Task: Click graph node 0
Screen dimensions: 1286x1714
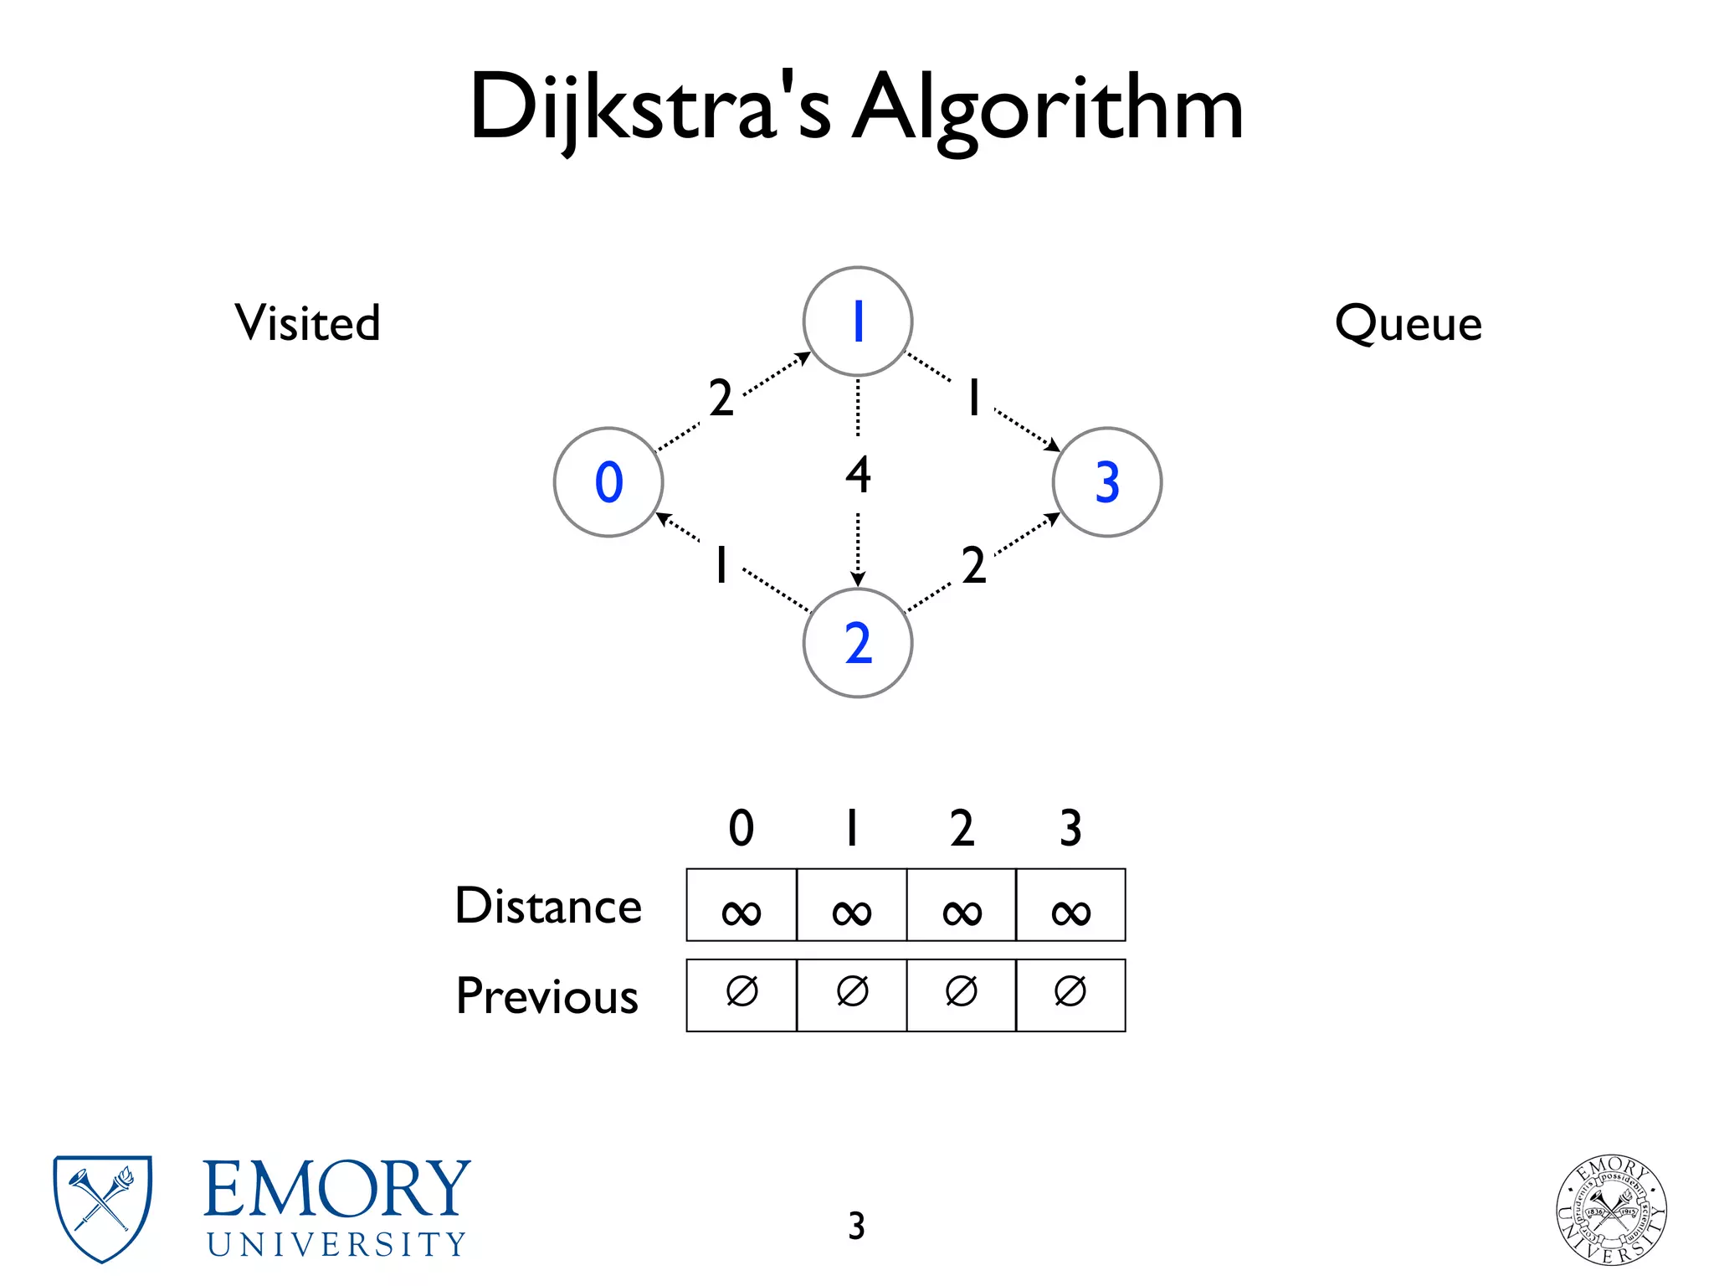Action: coord(608,482)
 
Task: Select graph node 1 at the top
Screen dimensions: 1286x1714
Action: coord(857,321)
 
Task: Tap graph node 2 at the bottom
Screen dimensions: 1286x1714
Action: coord(857,643)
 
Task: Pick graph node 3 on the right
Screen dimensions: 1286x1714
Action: coord(1106,482)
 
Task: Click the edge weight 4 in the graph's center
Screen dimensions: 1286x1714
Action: coord(858,475)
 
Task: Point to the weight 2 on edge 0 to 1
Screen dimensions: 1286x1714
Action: coord(721,398)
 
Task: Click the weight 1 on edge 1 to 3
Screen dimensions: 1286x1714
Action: coord(973,398)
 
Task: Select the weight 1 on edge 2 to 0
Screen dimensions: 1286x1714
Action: coord(721,565)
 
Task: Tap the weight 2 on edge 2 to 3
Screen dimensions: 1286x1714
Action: coord(973,565)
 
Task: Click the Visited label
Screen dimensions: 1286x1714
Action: coord(307,323)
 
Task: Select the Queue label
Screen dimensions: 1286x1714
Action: coord(1408,323)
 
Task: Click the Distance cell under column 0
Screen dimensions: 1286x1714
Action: coord(741,905)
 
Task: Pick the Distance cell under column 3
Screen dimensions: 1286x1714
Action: coord(1070,905)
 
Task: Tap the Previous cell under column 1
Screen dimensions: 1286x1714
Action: coord(851,995)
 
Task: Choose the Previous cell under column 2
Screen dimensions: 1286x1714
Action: coord(961,995)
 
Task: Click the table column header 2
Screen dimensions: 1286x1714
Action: coord(962,828)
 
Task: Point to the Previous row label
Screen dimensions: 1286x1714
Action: coord(547,996)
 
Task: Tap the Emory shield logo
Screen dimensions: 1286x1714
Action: coord(102,1208)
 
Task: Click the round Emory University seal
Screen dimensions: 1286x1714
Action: coord(1611,1209)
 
